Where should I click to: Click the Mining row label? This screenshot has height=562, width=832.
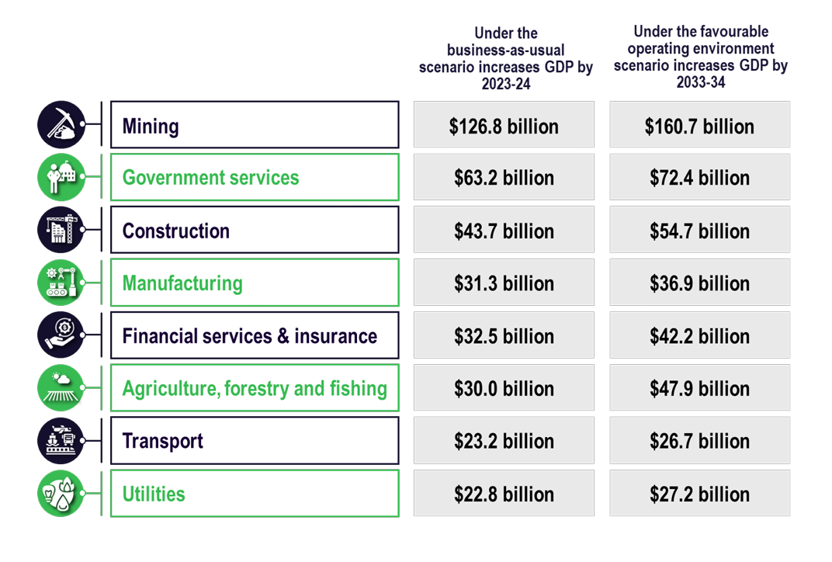click(151, 126)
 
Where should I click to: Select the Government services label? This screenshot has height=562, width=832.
click(210, 178)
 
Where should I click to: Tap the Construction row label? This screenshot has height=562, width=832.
click(176, 231)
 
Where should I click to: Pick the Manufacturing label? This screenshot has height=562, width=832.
click(182, 283)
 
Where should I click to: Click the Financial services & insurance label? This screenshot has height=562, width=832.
click(250, 336)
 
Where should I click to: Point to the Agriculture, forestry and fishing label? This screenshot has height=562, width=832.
click(255, 388)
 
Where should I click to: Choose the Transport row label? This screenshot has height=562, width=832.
click(163, 441)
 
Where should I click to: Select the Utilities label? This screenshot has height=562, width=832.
click(154, 494)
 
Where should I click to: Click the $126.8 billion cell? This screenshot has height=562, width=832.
click(504, 126)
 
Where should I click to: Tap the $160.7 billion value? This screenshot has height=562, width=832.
click(699, 126)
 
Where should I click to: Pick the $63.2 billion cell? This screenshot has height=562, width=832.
click(504, 178)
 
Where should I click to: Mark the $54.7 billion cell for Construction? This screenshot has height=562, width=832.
click(699, 231)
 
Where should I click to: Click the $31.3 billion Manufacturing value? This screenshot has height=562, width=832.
click(504, 283)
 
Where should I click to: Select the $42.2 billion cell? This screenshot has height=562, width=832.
click(699, 336)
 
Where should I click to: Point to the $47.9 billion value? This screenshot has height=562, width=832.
click(699, 388)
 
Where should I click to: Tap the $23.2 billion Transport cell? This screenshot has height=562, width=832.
click(504, 441)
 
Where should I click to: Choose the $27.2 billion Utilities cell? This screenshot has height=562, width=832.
click(699, 494)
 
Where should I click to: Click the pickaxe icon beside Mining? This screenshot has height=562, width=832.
click(61, 124)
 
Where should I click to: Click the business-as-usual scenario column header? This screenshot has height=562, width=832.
click(505, 58)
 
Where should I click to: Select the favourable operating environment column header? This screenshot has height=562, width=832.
click(700, 57)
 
